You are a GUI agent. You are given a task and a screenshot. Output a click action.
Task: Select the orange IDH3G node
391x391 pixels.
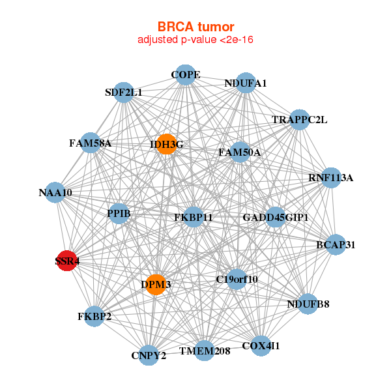pos(167,144)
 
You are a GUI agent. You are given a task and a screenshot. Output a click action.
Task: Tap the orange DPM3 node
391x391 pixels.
pos(155,284)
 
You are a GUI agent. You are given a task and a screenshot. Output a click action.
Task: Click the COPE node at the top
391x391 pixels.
pos(185,75)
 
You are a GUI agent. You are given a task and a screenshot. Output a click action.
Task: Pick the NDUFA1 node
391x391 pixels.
pos(246,83)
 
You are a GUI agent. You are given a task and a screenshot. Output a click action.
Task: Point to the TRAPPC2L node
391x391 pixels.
pos(298,120)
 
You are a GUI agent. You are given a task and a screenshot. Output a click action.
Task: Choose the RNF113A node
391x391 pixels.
pos(330,177)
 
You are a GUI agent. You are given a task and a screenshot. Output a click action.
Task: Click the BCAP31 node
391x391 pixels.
pos(336,245)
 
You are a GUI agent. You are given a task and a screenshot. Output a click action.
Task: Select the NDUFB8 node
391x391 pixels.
pos(309,304)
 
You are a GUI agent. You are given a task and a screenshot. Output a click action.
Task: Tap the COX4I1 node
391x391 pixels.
pos(260,345)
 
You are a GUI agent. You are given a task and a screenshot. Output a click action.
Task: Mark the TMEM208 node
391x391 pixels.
pos(205,351)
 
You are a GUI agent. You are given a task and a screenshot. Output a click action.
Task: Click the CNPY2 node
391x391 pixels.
pos(149,355)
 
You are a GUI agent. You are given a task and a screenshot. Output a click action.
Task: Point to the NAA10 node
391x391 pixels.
pos(55,193)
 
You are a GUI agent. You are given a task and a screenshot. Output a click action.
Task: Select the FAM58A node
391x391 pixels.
pos(91,143)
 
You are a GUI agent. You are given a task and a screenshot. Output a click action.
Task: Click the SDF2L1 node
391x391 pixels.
pos(123,93)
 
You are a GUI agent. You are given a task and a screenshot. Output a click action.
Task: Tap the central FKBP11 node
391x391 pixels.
pos(194,216)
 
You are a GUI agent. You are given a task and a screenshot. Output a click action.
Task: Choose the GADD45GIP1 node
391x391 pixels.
pos(275,216)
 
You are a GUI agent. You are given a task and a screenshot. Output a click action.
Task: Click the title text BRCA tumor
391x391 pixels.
pos(195,27)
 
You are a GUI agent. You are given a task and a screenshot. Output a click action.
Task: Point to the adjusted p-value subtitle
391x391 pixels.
pos(195,40)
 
